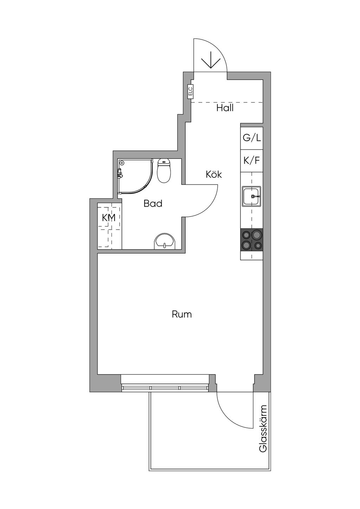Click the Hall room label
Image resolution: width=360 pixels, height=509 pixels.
point(225,108)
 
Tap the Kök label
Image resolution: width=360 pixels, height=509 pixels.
point(214,174)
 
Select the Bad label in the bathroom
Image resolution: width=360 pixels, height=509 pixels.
point(153,204)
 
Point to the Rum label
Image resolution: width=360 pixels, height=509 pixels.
point(182,315)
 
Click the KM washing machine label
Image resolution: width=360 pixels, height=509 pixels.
point(109,218)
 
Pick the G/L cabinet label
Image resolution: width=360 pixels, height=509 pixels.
point(252,138)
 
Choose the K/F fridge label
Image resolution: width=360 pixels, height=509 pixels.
point(252,161)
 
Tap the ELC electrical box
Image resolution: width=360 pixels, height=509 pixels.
point(190,92)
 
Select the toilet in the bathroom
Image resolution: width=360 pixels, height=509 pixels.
point(164,171)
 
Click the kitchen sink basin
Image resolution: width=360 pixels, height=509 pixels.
point(252,196)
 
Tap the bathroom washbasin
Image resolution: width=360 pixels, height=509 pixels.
point(165,241)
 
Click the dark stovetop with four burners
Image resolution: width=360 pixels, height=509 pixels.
point(252,240)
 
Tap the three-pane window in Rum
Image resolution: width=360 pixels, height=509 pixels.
point(165,388)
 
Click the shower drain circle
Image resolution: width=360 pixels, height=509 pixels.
point(122,163)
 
